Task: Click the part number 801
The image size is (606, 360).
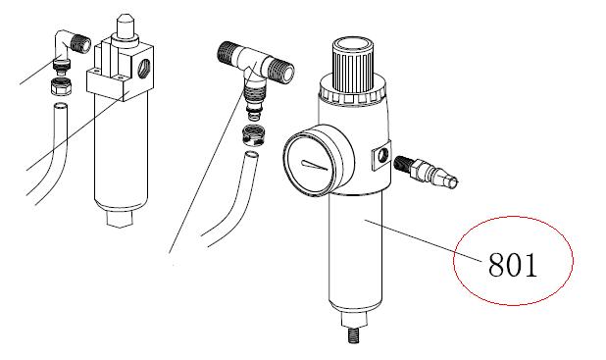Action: pos(513,265)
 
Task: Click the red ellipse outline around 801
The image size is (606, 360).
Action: pos(453,261)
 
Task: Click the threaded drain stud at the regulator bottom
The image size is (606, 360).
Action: pos(353,335)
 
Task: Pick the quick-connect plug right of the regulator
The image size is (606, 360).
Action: pos(427,171)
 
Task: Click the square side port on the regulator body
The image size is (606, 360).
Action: pos(381,157)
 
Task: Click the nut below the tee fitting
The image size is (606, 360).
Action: pos(253,135)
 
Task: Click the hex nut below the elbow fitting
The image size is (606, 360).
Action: pos(61,86)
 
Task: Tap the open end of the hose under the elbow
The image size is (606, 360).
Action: pos(60,106)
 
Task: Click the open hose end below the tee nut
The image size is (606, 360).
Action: pos(251,155)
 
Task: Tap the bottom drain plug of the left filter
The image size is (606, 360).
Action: pos(120,219)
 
